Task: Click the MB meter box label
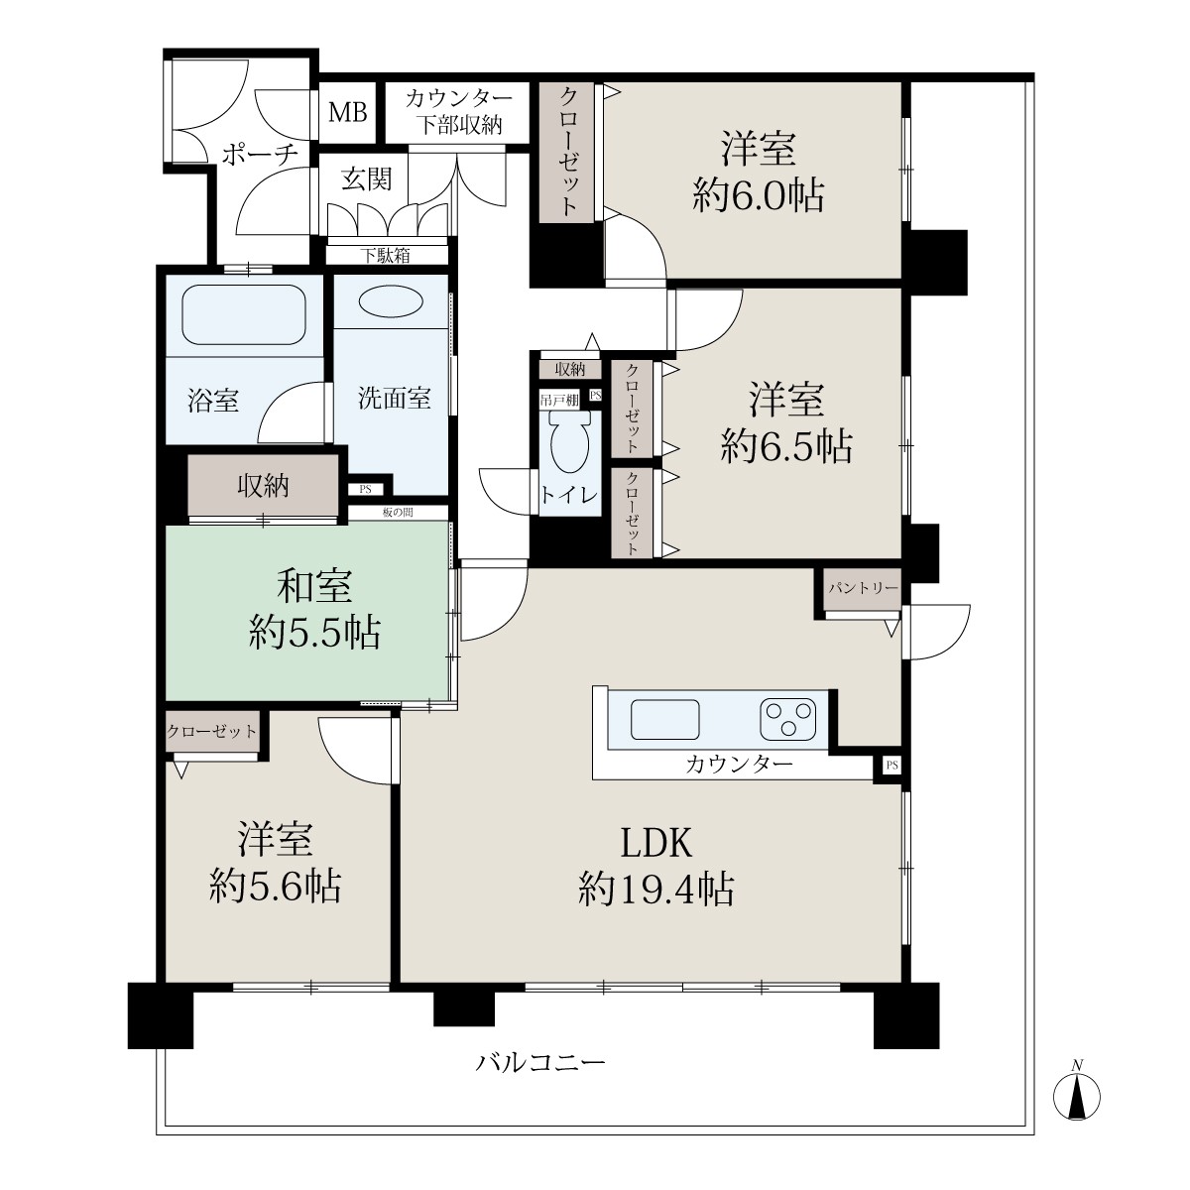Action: click(x=348, y=112)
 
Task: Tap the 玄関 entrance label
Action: click(x=367, y=179)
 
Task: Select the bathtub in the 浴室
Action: click(x=244, y=314)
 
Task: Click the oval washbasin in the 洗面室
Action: click(x=392, y=303)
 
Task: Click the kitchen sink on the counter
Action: click(x=664, y=719)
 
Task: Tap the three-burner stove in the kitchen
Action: click(x=788, y=719)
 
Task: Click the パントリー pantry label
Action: click(x=863, y=588)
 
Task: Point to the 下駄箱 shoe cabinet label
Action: click(x=386, y=255)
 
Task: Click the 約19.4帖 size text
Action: click(x=655, y=890)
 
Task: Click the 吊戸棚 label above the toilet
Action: click(x=559, y=401)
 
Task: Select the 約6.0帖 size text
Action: click(x=759, y=195)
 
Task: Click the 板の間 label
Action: click(x=398, y=512)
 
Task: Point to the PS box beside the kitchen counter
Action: click(x=892, y=766)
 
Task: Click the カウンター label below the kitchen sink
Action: click(x=739, y=766)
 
